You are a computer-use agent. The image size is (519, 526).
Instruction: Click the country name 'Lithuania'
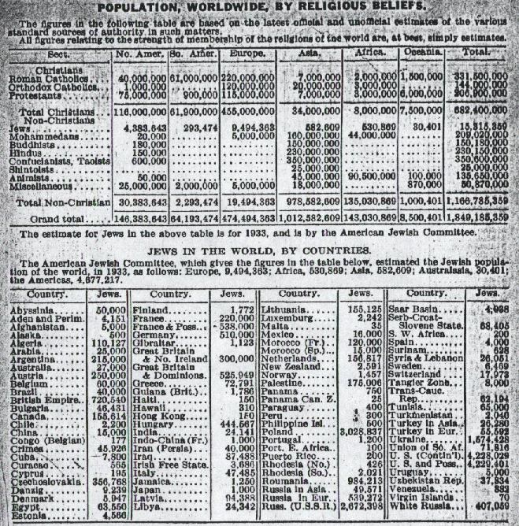pyautogui.click(x=284, y=313)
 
